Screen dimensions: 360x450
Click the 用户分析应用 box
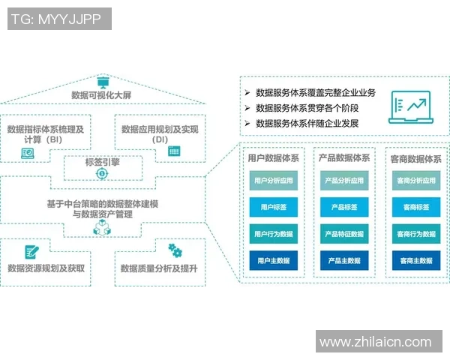coord(273,181)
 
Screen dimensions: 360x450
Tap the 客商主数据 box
coord(415,260)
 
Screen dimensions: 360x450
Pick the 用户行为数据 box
coord(273,233)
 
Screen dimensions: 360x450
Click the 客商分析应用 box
coord(415,181)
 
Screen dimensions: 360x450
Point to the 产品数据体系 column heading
coord(343,158)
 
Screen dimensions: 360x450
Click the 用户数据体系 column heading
coord(273,158)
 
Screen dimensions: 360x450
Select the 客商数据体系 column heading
coord(415,158)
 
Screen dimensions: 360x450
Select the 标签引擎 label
coord(101,161)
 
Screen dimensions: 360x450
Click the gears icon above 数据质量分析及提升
coord(175,250)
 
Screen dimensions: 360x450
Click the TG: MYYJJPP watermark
coord(59,19)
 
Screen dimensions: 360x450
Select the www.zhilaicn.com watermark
coord(376,342)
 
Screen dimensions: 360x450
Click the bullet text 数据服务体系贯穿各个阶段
coord(309,108)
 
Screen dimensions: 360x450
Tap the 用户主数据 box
coord(273,260)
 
